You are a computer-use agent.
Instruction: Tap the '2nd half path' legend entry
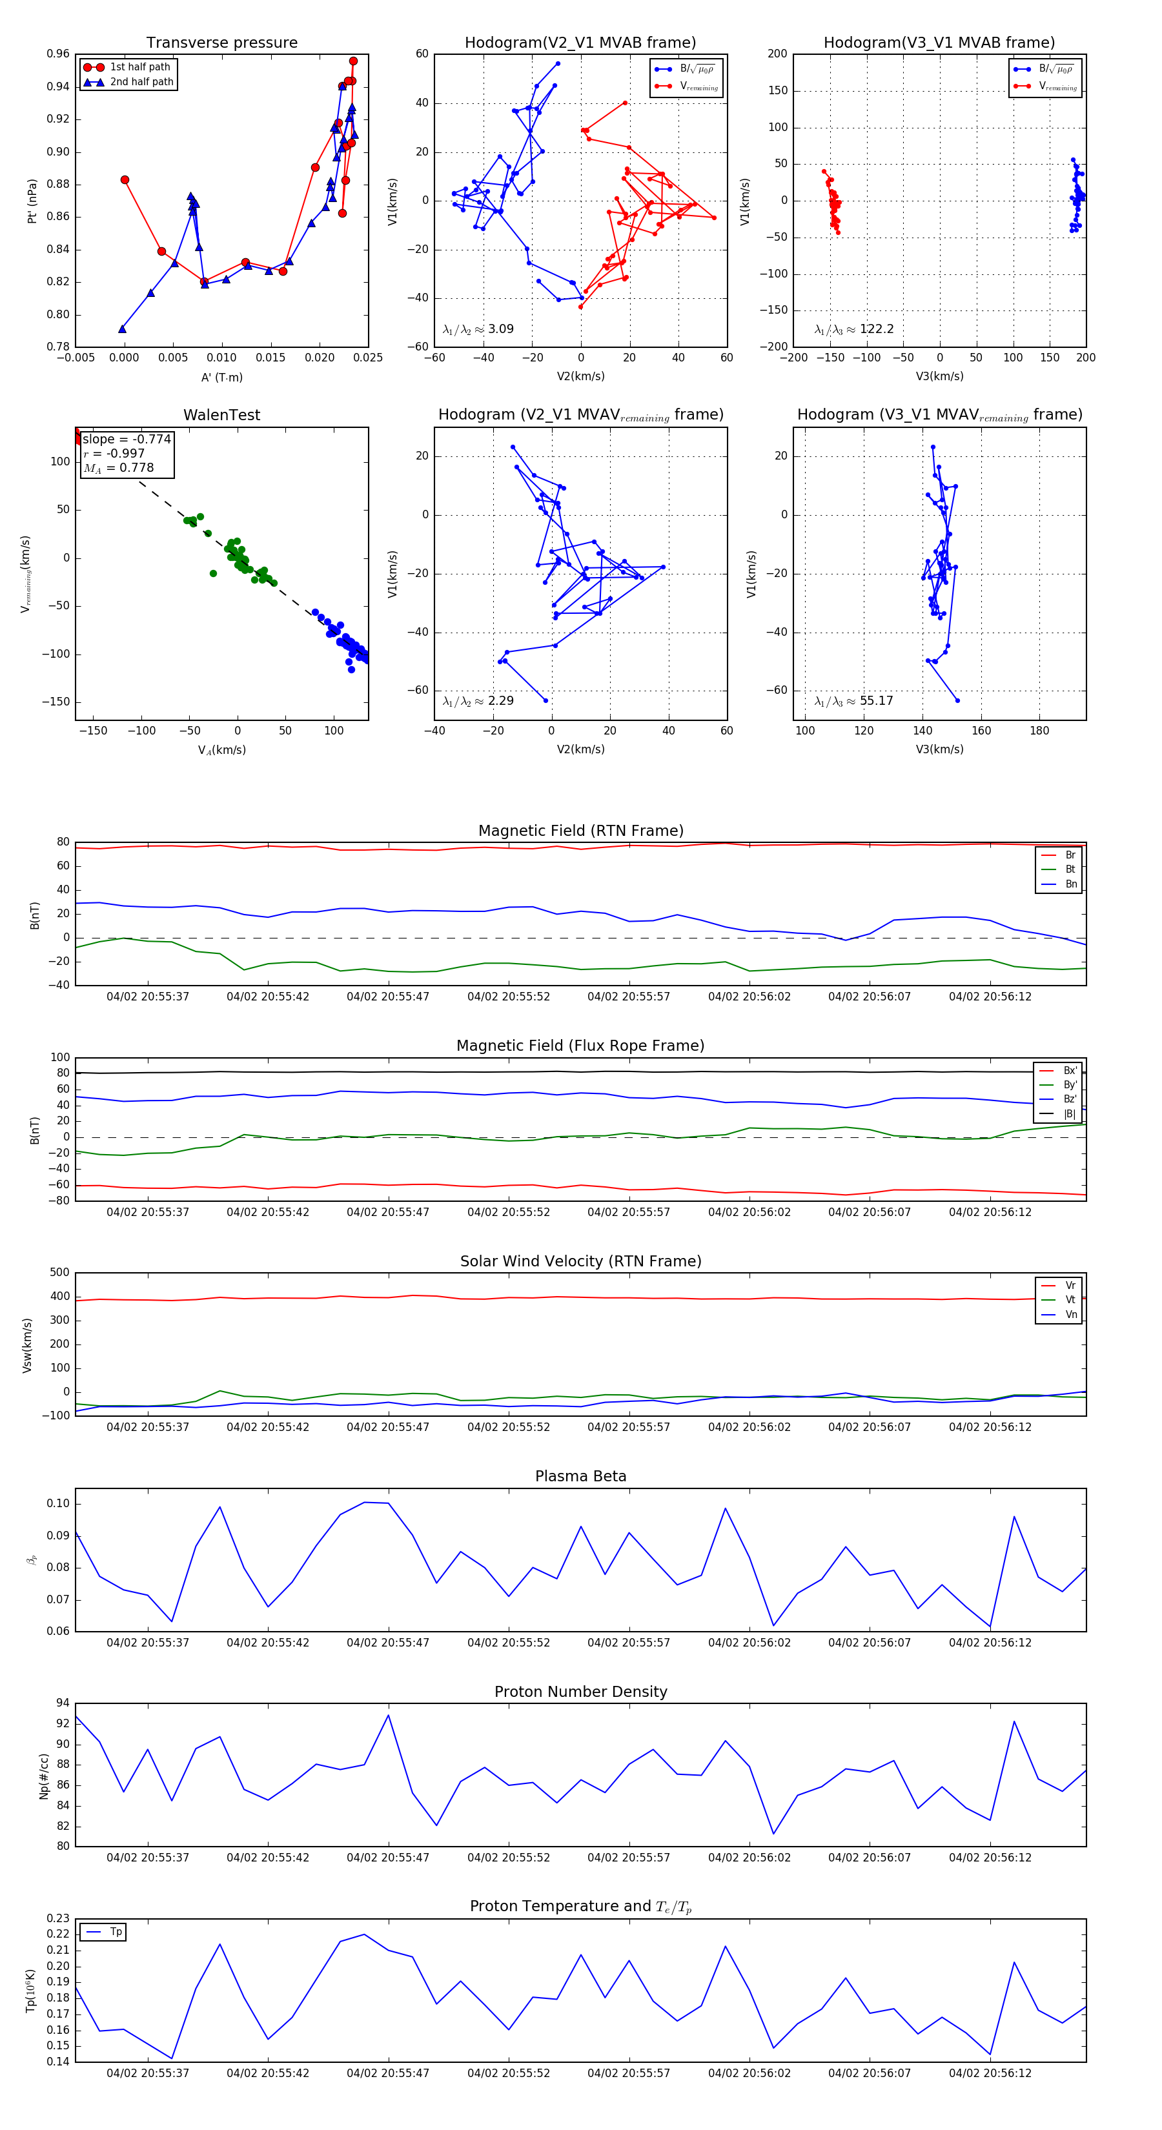tap(141, 82)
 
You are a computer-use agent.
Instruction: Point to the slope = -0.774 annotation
tap(127, 439)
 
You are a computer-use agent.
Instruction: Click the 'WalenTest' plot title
tap(221, 415)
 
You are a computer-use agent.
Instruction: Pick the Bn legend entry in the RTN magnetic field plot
tap(1070, 884)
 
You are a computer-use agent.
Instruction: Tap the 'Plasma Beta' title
tap(580, 1477)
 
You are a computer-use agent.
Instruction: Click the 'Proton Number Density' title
tap(580, 1692)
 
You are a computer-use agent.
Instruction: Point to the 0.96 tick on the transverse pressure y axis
tap(58, 54)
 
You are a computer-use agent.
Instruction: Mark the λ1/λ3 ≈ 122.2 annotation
tap(853, 329)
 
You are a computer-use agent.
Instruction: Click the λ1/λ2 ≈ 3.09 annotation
tap(478, 329)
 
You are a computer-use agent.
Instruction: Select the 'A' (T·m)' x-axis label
tap(221, 377)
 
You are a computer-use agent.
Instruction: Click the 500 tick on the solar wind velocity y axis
tap(59, 1273)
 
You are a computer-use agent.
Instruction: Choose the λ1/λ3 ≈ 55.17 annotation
tap(853, 701)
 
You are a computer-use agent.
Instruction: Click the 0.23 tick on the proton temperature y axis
tap(58, 1918)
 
